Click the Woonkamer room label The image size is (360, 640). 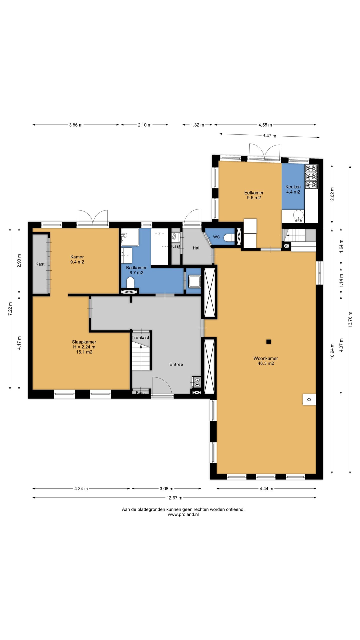pos(265,358)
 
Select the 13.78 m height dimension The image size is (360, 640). pos(350,319)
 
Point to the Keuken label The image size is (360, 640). pos(293,187)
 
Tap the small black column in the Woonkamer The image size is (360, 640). pos(268,341)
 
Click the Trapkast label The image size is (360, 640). pos(140,337)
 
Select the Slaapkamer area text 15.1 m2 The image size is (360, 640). pos(84,352)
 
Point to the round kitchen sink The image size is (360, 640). pos(298,215)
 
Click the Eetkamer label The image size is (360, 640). pos(254,193)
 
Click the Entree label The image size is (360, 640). pos(176,364)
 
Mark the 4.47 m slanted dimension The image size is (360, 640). pos(269,136)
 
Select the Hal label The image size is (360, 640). pos(196,248)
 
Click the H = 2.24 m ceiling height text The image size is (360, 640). pos(84,347)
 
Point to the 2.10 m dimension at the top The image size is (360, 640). pos(145,125)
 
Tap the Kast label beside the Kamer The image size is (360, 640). pos(40,264)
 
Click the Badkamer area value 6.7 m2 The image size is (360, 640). pos(136,273)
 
